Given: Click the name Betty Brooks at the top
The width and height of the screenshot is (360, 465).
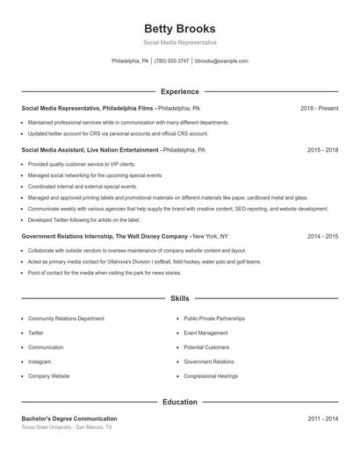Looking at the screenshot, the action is pos(179,29).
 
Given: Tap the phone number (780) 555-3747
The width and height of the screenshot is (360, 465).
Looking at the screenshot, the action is pos(171,61).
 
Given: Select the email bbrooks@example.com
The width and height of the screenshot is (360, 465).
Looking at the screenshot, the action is pos(221,61).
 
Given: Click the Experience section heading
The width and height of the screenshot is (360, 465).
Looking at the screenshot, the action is pos(179,91).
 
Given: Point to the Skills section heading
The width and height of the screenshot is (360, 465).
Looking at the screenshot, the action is pos(179,299).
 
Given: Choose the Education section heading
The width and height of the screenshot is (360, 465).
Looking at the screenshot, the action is pos(179,402).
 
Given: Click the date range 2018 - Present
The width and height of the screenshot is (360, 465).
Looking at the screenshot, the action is pos(319,108).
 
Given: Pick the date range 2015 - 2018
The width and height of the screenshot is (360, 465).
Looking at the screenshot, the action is pos(322,150).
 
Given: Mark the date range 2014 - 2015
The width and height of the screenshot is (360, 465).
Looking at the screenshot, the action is pos(322,236).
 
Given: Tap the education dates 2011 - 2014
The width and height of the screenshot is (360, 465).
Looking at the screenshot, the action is pos(322,419).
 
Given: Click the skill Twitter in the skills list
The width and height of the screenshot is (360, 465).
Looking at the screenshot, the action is pos(36,333).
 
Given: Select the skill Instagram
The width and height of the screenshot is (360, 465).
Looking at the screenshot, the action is pos(40,361).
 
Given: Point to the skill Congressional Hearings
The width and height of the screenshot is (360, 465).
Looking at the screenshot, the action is pos(211,376).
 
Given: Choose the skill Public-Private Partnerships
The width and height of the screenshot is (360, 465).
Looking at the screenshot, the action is pos(214,319).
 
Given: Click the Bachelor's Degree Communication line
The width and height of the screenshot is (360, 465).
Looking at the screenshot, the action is pos(69,419).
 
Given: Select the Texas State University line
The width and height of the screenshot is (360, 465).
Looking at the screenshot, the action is pos(67,427).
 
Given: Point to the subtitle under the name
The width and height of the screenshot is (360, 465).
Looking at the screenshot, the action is pos(179,42).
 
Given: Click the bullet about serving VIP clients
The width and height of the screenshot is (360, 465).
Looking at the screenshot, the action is pos(69,164).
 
